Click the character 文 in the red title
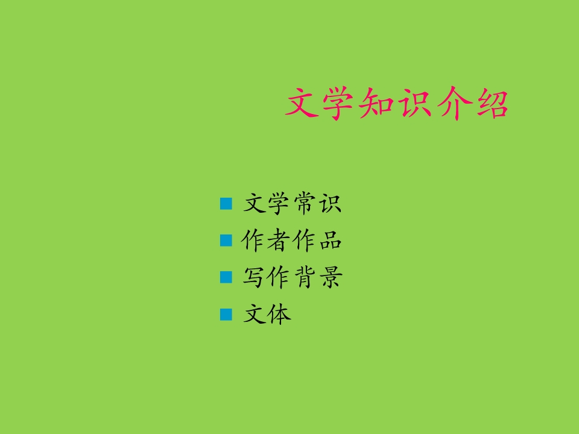[302, 104]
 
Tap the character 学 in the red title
[340, 104]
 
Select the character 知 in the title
[378, 104]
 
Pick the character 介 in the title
[454, 104]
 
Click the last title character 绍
[491, 104]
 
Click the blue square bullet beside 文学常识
[226, 204]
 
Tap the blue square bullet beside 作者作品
[226, 241]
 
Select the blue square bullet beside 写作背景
[226, 277]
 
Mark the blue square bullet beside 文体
[226, 314]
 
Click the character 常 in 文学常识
[305, 204]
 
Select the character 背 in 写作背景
[305, 278]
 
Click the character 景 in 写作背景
[330, 278]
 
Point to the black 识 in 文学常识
[330, 204]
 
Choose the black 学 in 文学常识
[280, 204]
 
